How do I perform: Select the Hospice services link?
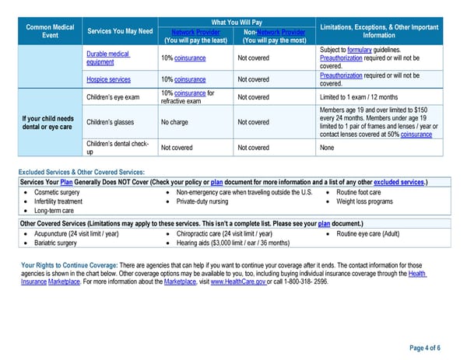[108, 79]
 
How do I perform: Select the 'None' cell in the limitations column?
[328, 147]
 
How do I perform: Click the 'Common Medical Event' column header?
[50, 31]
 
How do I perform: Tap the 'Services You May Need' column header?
[119, 31]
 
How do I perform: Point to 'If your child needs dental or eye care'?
[49, 122]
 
